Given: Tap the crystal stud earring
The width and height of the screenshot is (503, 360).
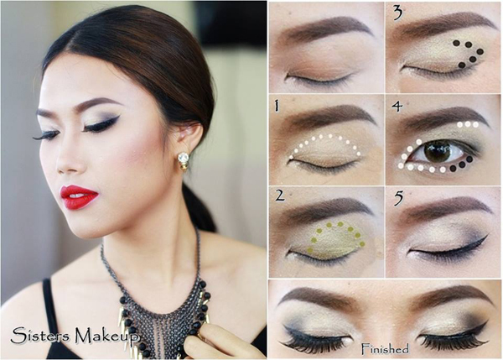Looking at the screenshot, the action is click(x=183, y=159).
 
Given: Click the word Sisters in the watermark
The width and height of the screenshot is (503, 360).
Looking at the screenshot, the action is click(x=39, y=336).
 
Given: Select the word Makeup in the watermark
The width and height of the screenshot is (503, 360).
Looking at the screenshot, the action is click(x=106, y=337).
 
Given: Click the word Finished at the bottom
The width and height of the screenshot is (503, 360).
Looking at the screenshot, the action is click(x=385, y=348).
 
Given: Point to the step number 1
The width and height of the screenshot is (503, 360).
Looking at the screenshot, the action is click(x=276, y=106).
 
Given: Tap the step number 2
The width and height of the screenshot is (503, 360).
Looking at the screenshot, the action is click(x=280, y=196).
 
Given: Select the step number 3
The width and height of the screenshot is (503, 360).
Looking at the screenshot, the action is click(x=398, y=13).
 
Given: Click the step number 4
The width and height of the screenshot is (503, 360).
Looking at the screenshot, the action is click(x=397, y=107).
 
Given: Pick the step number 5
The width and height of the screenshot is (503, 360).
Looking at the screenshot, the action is click(x=398, y=199).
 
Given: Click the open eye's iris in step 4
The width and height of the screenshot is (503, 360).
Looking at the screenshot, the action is click(x=438, y=151).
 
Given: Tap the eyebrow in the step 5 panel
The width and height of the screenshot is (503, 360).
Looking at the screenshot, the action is click(x=446, y=210).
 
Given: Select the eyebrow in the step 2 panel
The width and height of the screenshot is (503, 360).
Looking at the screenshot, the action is click(x=327, y=209).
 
